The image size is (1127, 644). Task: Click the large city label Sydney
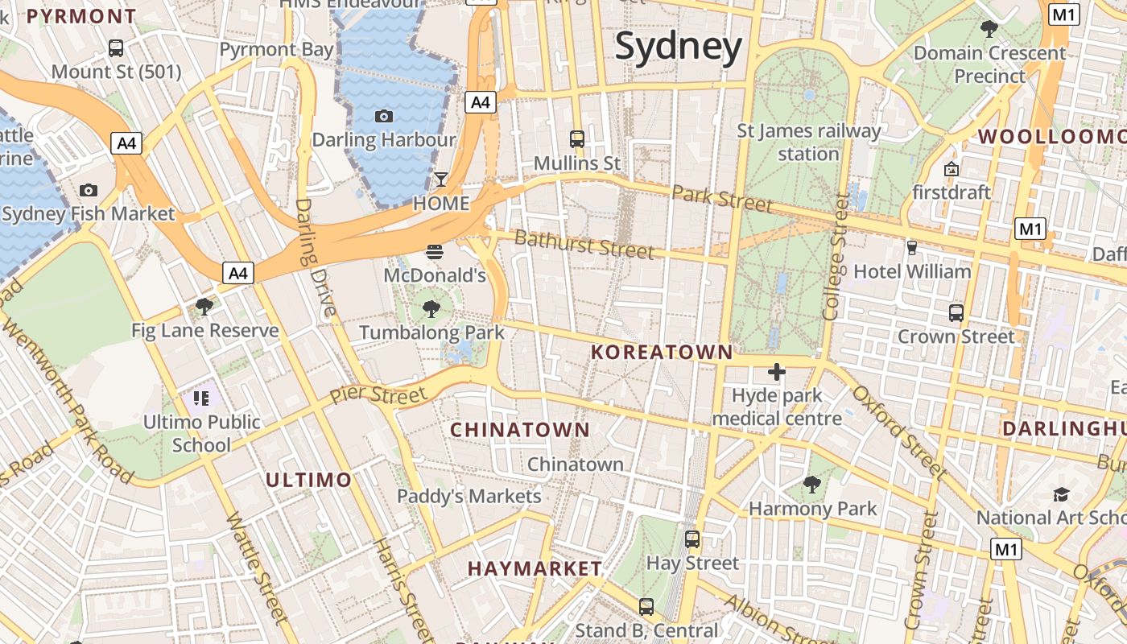(678, 47)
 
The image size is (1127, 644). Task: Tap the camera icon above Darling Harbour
(384, 116)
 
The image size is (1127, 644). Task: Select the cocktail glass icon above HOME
(440, 179)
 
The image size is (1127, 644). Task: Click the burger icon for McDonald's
(435, 251)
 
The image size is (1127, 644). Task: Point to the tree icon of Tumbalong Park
(431, 308)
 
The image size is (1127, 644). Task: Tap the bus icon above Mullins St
(577, 138)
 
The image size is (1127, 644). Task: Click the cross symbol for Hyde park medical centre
(777, 372)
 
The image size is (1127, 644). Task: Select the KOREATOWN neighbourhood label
(662, 352)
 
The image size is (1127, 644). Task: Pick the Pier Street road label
(378, 395)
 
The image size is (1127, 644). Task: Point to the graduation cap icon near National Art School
(1062, 493)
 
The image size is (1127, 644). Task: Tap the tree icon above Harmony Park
(812, 484)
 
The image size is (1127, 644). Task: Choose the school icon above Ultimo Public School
(201, 398)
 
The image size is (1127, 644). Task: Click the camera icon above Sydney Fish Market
(89, 190)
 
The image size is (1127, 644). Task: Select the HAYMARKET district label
(535, 568)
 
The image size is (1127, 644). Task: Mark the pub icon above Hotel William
(912, 247)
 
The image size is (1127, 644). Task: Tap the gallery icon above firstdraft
(952, 169)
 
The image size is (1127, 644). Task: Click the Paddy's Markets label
(469, 496)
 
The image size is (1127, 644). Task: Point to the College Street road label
(835, 257)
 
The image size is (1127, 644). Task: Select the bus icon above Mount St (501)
(116, 48)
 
